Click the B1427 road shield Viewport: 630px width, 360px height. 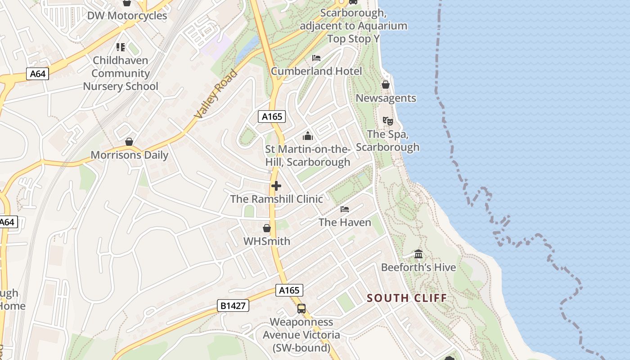pos(233,306)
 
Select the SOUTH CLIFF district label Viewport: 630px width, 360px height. pos(407,298)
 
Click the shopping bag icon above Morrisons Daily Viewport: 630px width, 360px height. pos(129,142)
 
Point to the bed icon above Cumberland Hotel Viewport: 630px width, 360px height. pos(316,58)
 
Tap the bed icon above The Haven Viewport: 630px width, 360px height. pos(345,209)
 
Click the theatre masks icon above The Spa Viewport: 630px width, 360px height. pos(387,121)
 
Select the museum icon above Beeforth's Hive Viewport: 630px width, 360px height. pos(418,254)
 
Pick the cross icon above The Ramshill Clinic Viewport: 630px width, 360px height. pos(276,186)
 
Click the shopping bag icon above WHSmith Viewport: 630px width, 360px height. pos(267,228)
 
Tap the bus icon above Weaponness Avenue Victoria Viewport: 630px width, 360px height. pos(301,309)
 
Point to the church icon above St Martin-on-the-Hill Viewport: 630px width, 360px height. pos(308,135)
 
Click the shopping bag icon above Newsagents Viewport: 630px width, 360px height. pos(386,85)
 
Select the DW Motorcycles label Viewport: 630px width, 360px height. pos(127,16)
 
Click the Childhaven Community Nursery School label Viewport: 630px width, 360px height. pos(121,73)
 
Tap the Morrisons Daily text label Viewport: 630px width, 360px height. pos(130,155)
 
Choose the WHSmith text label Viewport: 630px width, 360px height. pos(267,241)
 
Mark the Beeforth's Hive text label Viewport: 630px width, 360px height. pos(418,267)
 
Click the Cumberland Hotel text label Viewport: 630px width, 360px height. pos(316,71)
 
